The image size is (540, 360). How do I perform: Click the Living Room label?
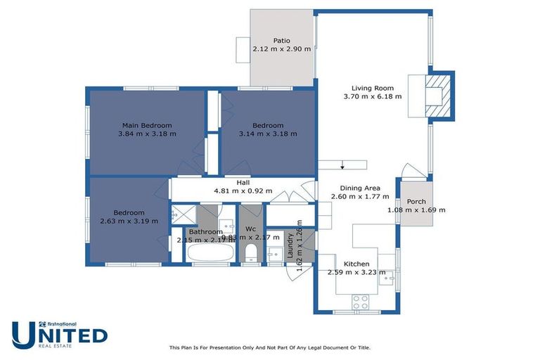point(372,88)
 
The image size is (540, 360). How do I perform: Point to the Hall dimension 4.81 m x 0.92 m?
point(243,191)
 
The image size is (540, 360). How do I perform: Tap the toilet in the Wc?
point(251,252)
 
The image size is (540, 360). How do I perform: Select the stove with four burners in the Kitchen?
point(361,302)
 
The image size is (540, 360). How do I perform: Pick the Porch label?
point(416,202)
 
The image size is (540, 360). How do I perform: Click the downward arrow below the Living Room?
point(342,166)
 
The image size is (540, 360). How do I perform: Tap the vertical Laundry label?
point(290,247)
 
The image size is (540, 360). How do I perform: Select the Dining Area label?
point(360,188)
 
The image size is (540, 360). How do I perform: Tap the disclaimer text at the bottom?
point(269,347)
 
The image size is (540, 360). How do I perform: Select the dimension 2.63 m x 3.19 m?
point(129,221)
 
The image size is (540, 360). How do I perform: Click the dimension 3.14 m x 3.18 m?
point(268,134)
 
